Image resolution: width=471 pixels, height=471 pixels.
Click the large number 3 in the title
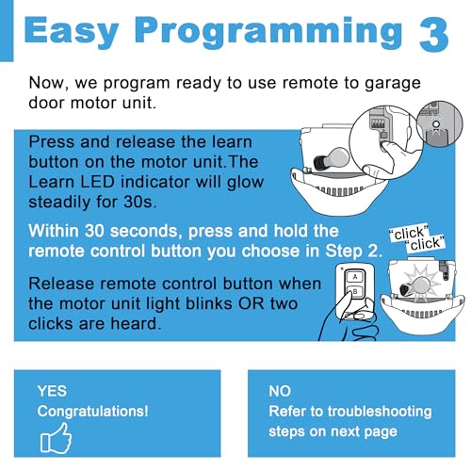coord(433,34)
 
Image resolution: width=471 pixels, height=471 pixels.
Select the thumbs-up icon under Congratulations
coord(56,438)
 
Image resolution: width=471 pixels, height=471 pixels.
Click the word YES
coord(52,391)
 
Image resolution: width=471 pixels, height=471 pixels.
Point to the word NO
coord(280,391)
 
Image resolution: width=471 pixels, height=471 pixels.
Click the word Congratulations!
coord(92,412)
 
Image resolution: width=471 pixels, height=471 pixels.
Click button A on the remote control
coord(355,277)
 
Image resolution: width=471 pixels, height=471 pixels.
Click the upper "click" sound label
coord(409,234)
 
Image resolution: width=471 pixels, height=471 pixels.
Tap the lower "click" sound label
coord(425,244)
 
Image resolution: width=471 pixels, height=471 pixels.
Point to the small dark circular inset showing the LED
coord(440,123)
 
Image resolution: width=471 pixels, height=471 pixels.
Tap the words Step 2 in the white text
coord(354,251)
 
